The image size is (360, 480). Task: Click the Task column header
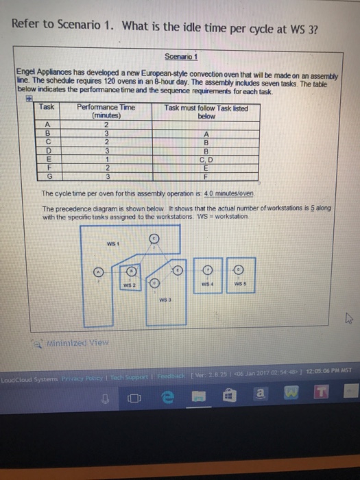coord(47,108)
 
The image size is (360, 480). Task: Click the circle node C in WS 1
coord(154,238)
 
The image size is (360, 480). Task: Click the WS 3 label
coord(163,300)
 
